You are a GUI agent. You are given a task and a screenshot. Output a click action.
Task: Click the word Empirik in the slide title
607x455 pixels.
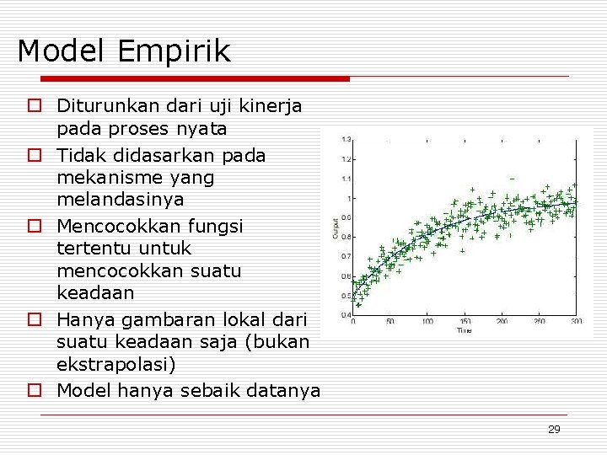click(x=175, y=52)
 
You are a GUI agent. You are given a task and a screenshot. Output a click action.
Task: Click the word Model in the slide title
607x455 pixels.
click(x=62, y=51)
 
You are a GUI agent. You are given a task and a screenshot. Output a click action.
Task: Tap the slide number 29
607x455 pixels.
click(x=554, y=430)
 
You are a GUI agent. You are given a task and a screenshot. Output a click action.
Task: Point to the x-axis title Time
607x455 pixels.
click(x=465, y=330)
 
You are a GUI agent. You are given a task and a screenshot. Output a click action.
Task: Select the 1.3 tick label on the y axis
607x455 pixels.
click(x=346, y=139)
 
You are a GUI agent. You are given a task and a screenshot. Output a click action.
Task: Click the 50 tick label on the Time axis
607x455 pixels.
click(x=389, y=322)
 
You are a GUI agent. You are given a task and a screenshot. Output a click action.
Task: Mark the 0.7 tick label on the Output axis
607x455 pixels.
click(x=346, y=256)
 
